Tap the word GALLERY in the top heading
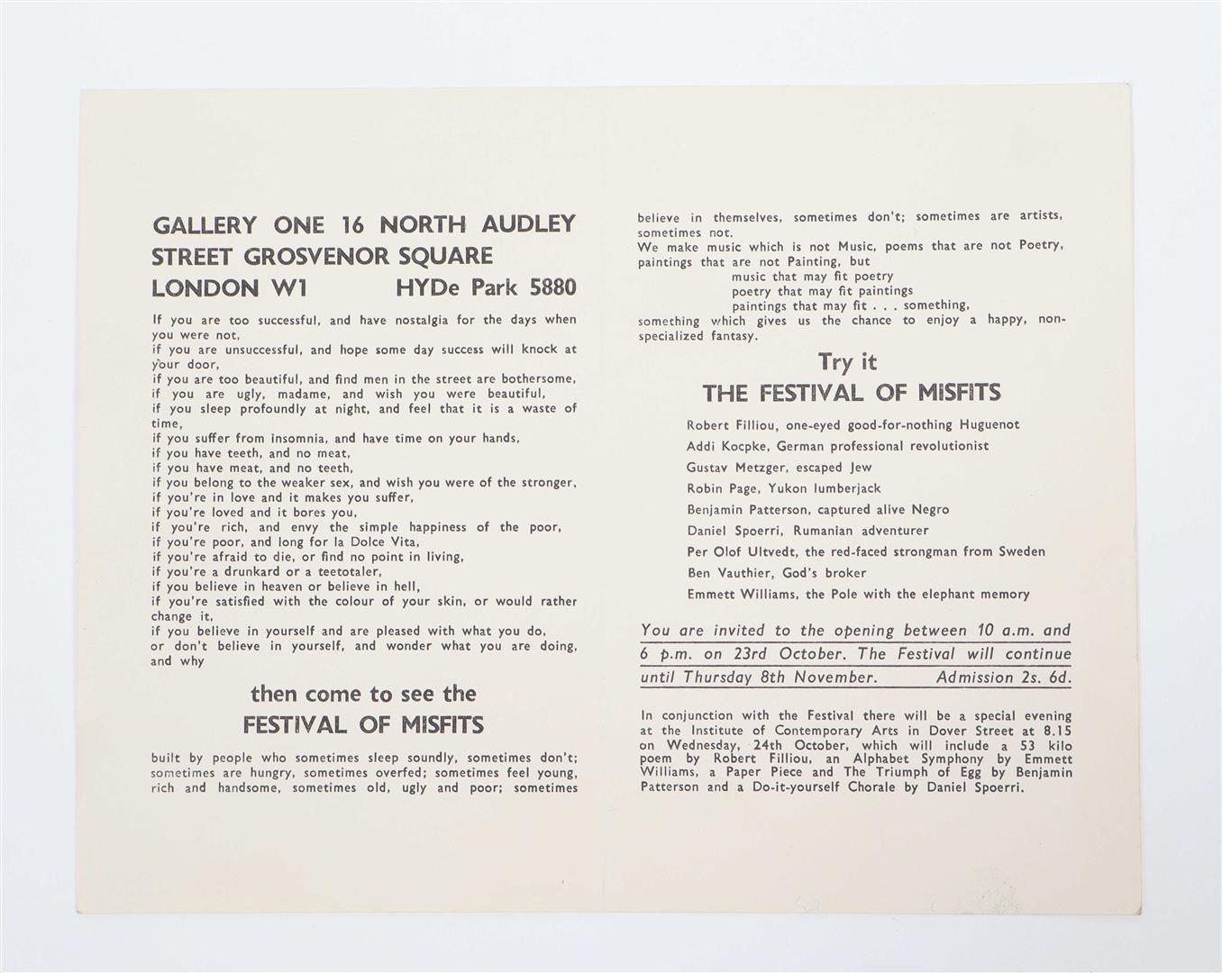click(x=205, y=225)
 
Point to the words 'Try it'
click(x=847, y=362)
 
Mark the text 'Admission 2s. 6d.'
click(x=1003, y=677)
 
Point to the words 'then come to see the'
click(x=363, y=694)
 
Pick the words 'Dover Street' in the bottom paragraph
click(x=948, y=731)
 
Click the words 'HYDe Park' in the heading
click(x=456, y=288)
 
